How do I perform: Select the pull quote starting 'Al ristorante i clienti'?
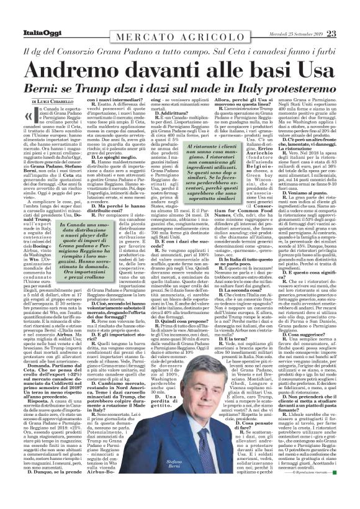click(x=178, y=172)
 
